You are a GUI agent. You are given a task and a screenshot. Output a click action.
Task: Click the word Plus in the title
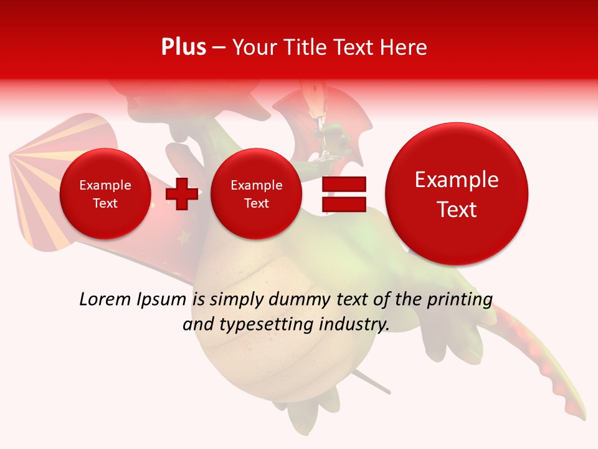(183, 47)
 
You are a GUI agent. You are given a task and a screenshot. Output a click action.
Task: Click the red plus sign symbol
(182, 194)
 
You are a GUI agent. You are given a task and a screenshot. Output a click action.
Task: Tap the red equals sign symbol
(344, 195)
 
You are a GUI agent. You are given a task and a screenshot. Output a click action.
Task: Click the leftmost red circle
(105, 194)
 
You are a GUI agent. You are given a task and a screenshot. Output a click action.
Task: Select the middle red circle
(256, 194)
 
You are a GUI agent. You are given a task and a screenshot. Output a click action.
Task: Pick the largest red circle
(457, 194)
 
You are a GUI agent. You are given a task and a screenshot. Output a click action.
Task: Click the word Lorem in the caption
(105, 299)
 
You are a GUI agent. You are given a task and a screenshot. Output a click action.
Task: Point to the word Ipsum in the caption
(161, 299)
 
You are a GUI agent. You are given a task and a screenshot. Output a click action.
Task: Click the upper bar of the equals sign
(344, 184)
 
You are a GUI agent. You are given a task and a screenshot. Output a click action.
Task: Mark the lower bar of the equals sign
(344, 205)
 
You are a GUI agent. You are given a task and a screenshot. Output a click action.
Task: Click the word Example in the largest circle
(457, 180)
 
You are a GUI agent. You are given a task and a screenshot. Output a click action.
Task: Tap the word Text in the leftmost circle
(105, 203)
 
